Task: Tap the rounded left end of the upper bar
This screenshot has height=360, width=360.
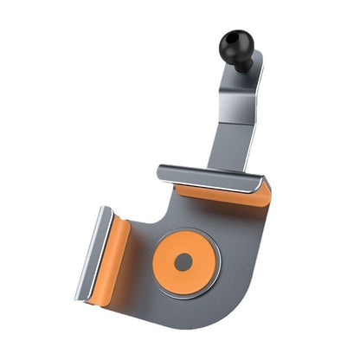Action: point(162,172)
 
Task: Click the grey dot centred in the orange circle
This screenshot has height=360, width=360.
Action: point(182,260)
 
